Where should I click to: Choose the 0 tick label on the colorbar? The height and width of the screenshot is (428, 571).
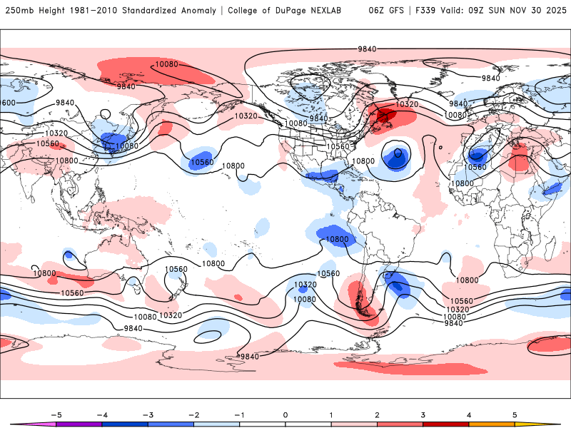coord(285,414)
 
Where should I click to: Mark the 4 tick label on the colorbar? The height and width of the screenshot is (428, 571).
coord(468,414)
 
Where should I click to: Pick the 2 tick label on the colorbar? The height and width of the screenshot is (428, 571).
coord(377,414)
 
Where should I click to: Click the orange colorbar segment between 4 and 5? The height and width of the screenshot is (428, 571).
coord(491,424)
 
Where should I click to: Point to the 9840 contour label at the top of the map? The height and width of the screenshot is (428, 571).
coord(368,49)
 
